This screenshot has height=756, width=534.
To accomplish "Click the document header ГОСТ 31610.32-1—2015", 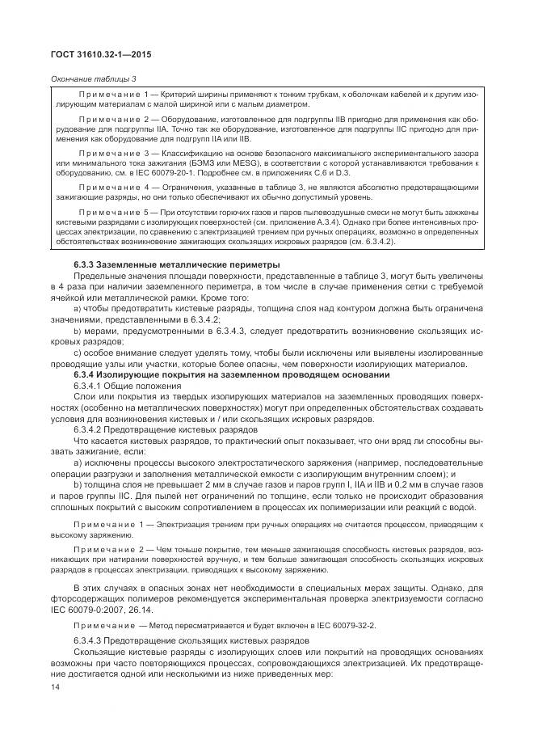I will (x=100, y=54).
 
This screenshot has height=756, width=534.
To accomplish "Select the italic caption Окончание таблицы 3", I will (x=93, y=78).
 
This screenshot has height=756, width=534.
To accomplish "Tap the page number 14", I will (x=55, y=686).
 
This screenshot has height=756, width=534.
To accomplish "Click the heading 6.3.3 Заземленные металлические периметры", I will (x=177, y=264).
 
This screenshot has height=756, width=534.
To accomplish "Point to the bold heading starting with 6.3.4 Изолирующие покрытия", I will (x=232, y=375).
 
